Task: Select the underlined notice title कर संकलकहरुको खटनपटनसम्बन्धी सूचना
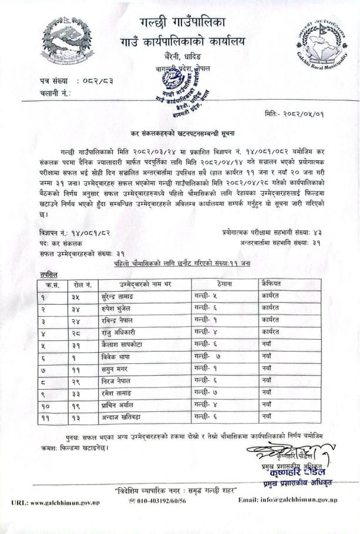click(181, 134)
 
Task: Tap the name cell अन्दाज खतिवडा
click(125, 416)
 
